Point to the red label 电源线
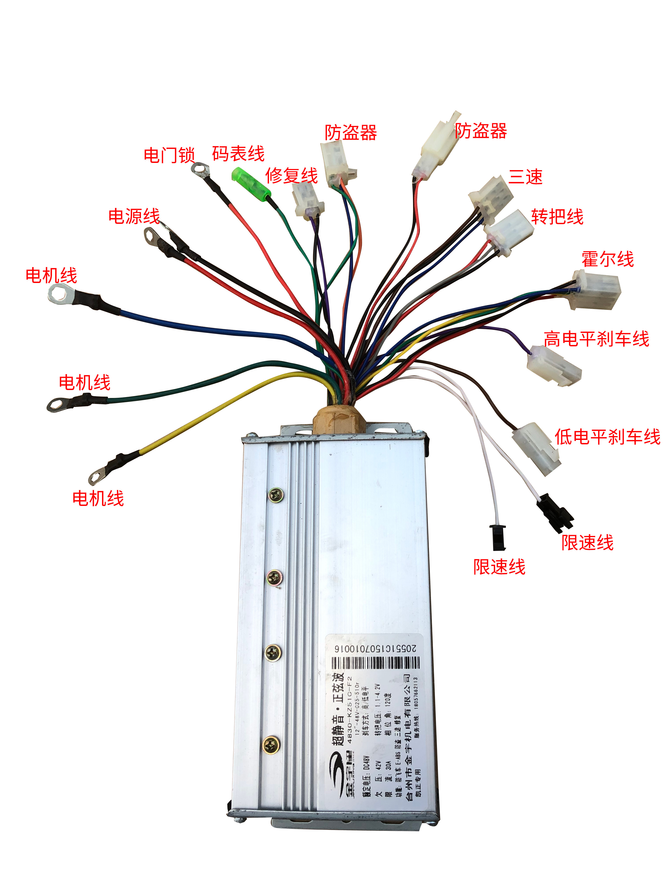134,216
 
